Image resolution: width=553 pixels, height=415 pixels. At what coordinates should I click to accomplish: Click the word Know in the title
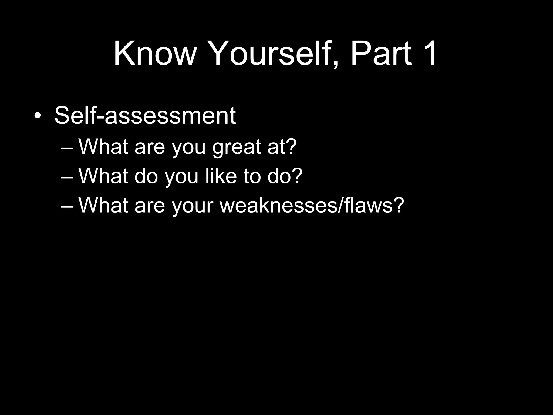click(154, 53)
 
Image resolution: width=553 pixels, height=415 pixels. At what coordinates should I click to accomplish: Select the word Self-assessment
click(145, 116)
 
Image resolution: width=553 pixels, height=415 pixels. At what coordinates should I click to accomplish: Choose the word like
click(221, 176)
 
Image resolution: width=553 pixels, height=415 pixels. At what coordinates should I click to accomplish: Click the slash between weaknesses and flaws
click(340, 205)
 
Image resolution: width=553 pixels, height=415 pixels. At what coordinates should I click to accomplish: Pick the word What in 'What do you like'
click(103, 176)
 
